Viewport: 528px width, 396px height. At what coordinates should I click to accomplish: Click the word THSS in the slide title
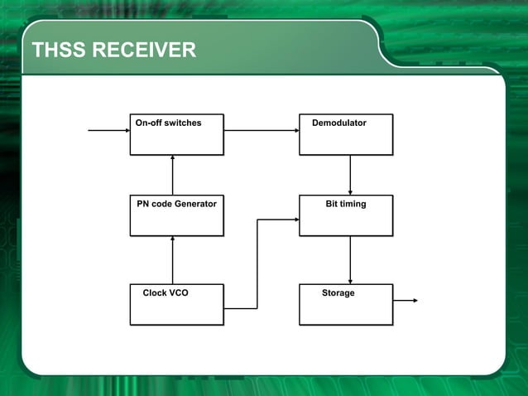[x=59, y=51]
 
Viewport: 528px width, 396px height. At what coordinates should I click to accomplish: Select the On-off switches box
[x=176, y=134]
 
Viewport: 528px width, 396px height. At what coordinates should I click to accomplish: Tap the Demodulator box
[x=346, y=134]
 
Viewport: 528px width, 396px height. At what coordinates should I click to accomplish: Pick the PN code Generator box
[x=176, y=215]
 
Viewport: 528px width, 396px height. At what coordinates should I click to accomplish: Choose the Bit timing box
[x=346, y=215]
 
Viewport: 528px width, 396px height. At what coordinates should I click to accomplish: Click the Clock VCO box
[x=176, y=304]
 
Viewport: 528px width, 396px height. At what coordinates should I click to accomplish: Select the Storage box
[x=346, y=304]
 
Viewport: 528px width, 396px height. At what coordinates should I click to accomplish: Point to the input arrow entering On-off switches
[x=108, y=130]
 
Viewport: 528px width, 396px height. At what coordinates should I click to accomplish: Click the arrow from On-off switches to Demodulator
[x=261, y=130]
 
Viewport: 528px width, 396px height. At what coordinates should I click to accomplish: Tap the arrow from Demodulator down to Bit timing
[x=350, y=175]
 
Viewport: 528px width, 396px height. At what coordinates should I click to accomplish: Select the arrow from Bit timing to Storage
[x=350, y=259]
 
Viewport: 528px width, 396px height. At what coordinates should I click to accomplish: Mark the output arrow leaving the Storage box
[x=406, y=301]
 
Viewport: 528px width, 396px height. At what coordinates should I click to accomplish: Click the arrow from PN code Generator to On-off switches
[x=172, y=175]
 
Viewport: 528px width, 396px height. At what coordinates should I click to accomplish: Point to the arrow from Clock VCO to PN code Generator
[x=172, y=259]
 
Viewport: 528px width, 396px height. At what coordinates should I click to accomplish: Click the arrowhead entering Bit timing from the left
[x=295, y=220]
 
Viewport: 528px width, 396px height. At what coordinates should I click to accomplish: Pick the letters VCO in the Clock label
[x=177, y=293]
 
